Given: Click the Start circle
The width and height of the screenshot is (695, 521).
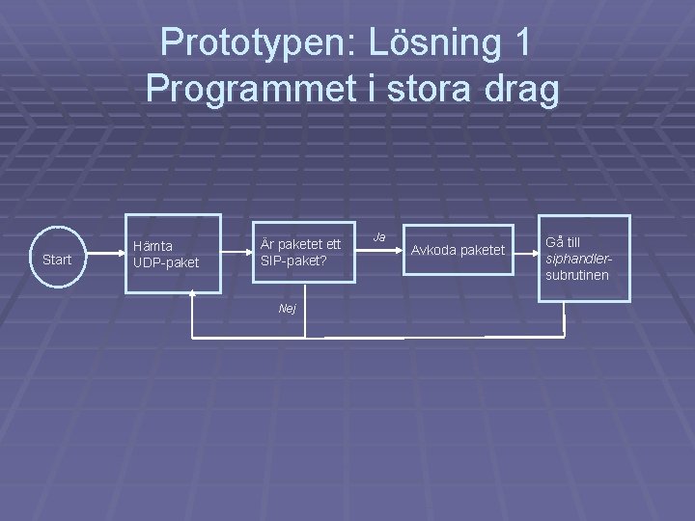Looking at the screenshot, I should (x=57, y=259).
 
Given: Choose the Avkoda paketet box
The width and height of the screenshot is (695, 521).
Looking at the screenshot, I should (x=458, y=251).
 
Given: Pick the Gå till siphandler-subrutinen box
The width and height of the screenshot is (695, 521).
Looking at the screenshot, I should (x=583, y=258).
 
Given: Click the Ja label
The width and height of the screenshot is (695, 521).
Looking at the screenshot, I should (x=379, y=236).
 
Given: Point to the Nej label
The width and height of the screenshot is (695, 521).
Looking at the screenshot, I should (x=287, y=308).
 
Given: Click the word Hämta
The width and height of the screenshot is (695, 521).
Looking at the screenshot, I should (x=153, y=246).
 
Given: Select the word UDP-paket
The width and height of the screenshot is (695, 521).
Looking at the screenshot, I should (x=165, y=262).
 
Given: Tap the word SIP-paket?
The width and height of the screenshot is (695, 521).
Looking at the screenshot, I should (x=293, y=260).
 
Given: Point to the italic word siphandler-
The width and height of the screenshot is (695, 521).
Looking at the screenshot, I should (x=578, y=259).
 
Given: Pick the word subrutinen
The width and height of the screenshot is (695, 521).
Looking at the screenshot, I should (x=577, y=276).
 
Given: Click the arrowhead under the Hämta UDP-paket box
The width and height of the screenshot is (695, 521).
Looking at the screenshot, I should (x=193, y=293).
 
